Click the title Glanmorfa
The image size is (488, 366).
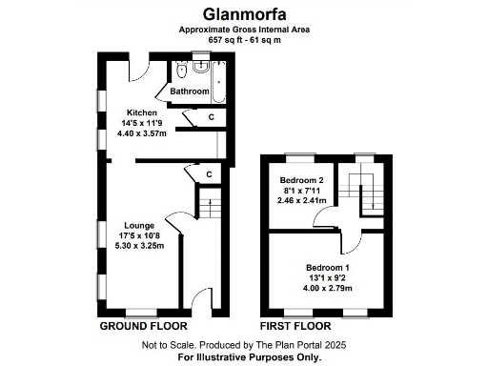click(243, 13)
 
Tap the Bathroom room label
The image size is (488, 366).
click(190, 91)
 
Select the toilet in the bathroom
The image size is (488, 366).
click(180, 71)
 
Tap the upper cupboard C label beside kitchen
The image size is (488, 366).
click(211, 116)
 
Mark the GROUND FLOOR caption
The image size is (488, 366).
click(141, 326)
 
